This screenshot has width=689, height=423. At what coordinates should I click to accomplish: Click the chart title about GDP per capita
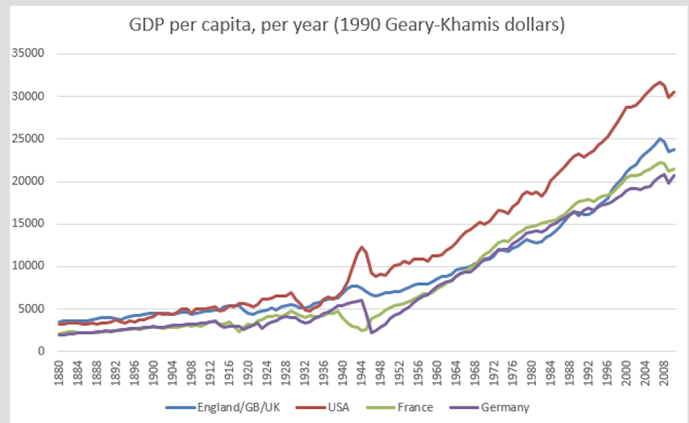point(347,25)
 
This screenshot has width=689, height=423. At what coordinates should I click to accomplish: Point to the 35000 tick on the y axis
point(27,54)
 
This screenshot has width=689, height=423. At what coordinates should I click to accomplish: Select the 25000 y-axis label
point(27,139)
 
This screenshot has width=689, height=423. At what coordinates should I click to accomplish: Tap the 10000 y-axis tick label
point(27,266)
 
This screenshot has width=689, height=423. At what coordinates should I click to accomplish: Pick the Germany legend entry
point(504,407)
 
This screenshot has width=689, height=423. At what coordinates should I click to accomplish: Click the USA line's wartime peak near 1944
point(362,247)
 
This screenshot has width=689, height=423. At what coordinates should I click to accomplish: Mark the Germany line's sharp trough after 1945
point(371,332)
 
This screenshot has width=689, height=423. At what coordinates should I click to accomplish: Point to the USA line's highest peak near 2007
point(660,81)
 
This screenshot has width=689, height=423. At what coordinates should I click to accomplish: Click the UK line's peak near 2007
point(660,139)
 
